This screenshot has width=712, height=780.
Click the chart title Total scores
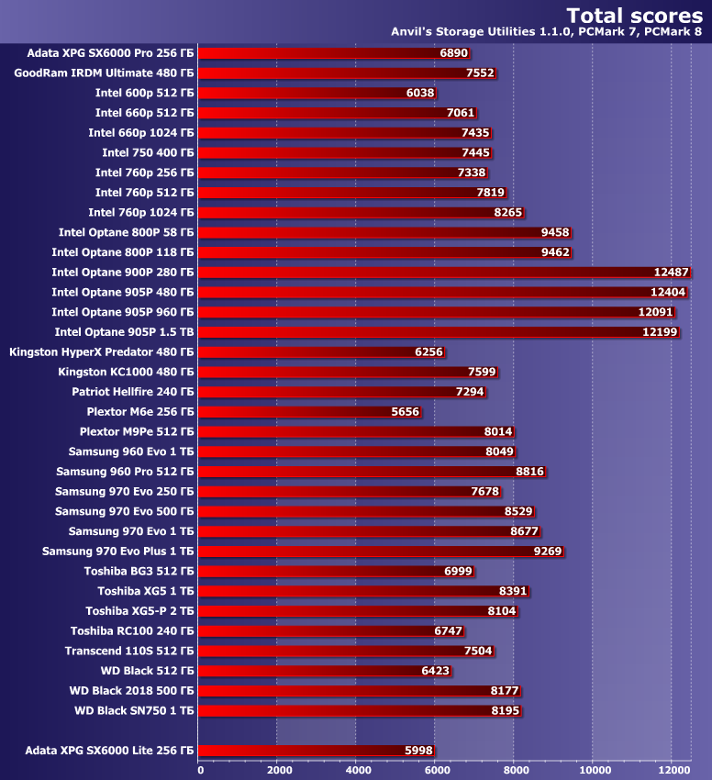634,15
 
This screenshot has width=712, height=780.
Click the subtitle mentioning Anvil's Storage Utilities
546,32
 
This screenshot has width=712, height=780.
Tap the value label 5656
405,412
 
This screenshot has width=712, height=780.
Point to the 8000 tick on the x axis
516,771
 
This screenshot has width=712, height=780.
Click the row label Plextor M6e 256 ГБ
140,412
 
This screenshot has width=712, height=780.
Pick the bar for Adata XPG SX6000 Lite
303,751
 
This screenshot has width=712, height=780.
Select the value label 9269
548,552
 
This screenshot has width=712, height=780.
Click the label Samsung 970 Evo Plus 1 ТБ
118,552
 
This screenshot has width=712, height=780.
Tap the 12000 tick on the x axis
673,771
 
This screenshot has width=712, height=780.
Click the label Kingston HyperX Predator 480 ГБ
102,351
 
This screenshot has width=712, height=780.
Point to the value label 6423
435,671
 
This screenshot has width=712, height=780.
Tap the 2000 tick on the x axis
278,771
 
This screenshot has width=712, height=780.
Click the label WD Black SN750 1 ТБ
134,710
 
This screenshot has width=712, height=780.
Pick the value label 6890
454,53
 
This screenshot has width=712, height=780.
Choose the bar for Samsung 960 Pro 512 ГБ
358,472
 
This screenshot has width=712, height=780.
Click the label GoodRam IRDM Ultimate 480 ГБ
105,72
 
